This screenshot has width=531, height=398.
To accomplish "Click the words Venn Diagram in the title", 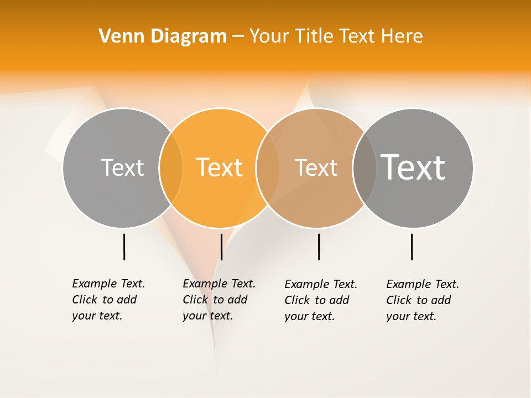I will tap(163, 36).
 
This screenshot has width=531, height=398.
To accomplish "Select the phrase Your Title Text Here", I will tap(336, 36).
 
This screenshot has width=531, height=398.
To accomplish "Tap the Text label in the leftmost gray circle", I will tap(122, 167).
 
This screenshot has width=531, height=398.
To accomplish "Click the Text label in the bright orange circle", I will tap(220, 167).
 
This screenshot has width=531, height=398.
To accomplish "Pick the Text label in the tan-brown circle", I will tap(316, 167).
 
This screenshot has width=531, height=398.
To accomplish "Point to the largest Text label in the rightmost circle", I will tap(413, 167).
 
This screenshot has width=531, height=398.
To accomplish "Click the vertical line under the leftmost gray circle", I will tap(124, 247).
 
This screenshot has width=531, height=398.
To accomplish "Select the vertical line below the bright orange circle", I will tap(221, 247).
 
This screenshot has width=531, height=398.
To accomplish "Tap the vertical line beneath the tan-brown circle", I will tap(319, 247).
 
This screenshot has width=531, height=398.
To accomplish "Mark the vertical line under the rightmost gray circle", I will tap(412, 247).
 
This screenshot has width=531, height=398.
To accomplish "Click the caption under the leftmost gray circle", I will tap(108, 300).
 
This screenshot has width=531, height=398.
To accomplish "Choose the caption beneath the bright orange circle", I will tap(218, 300).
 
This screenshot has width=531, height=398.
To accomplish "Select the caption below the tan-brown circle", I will tap(320, 300).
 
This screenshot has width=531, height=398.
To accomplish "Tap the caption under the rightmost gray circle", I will tap(422, 300).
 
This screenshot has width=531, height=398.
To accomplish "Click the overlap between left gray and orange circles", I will tap(171, 167).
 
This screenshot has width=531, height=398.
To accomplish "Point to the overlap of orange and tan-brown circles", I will tap(268, 167).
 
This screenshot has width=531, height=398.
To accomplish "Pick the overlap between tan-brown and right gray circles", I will tap(365, 167).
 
